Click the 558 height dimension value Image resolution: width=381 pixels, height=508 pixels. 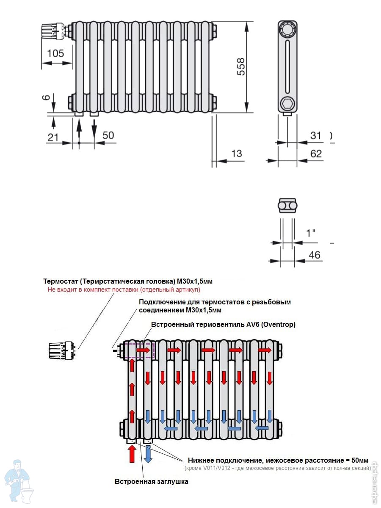point(240,67)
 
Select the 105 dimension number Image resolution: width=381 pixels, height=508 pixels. point(55,53)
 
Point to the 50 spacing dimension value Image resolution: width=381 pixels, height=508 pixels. point(108,135)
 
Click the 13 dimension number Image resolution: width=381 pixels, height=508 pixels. point(237,153)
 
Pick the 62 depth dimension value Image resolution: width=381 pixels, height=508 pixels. point(316,153)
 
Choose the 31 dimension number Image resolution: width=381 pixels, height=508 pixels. point(316,135)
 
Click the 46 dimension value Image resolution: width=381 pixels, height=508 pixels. point(315,255)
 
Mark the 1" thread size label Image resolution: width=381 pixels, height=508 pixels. point(311,233)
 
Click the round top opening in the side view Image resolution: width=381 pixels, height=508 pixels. point(287,30)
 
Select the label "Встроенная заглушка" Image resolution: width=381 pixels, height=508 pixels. point(152,481)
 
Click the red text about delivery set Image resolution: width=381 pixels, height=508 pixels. point(124,290)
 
